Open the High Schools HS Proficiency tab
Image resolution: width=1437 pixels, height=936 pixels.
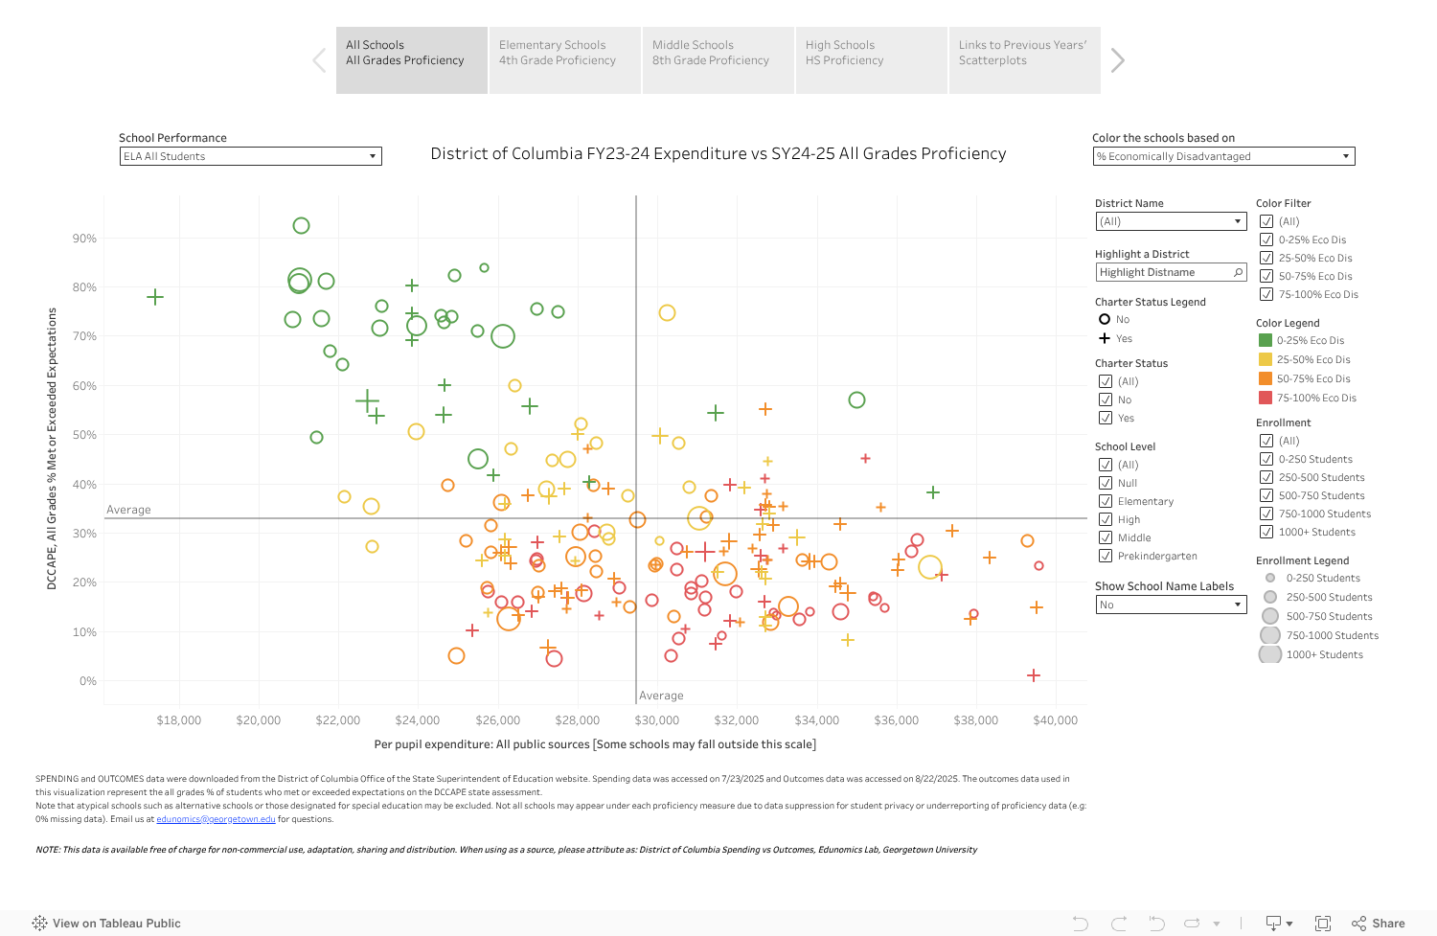click(871, 59)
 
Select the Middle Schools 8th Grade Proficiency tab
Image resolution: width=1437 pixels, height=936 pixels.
click(718, 59)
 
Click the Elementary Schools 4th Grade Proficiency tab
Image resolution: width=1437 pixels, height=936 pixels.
click(564, 59)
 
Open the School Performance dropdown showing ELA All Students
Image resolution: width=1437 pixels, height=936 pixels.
click(250, 156)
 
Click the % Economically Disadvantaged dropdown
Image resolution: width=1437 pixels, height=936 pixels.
click(1223, 156)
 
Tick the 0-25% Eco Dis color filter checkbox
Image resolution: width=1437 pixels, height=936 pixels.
click(1266, 240)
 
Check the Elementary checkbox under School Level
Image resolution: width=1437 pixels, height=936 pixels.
click(1106, 501)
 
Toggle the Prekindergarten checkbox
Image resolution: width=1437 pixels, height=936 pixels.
click(1106, 556)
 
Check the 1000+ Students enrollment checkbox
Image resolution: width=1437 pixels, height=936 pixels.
click(1266, 532)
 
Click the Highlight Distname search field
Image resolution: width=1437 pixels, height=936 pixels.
click(1164, 273)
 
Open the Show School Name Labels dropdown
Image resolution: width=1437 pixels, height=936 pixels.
click(1171, 605)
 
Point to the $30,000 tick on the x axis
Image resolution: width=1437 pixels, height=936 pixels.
click(657, 720)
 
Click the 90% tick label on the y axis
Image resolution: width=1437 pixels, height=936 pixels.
click(84, 239)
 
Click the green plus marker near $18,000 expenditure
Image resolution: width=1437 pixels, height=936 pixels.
click(155, 297)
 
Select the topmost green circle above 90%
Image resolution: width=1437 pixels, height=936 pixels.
click(301, 226)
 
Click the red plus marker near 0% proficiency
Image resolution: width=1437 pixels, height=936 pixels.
click(1034, 675)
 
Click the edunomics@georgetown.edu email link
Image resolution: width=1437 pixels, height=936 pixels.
click(216, 819)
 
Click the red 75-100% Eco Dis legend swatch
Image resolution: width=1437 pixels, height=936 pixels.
click(1265, 398)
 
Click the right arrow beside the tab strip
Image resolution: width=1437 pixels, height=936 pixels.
click(1117, 60)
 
